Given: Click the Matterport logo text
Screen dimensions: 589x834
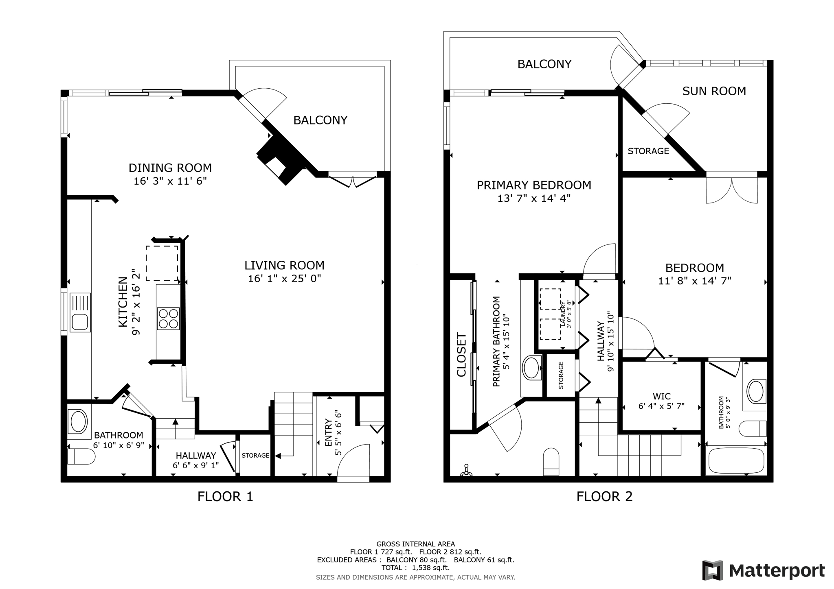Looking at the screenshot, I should click(x=776, y=571).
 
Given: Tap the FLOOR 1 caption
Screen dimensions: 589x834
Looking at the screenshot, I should click(x=225, y=496).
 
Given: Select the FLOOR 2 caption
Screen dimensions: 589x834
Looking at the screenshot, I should click(x=604, y=496).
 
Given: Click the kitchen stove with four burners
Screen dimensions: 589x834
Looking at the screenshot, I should click(x=168, y=318).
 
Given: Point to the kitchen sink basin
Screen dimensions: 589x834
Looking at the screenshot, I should click(x=79, y=322).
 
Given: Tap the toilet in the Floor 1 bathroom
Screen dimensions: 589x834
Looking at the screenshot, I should click(x=81, y=456).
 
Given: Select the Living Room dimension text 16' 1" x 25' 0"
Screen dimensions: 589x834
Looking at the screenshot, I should click(x=284, y=279).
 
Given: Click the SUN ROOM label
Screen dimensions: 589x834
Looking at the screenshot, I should click(x=714, y=91).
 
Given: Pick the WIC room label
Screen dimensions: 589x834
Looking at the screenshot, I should click(x=661, y=396).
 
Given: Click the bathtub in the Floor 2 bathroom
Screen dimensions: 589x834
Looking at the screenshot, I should click(x=736, y=461).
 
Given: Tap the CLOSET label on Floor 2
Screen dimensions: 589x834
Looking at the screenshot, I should click(x=462, y=355).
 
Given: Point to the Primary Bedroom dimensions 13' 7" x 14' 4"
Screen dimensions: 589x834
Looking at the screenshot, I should click(x=533, y=199).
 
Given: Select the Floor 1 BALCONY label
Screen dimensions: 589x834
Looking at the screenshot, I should click(x=320, y=120).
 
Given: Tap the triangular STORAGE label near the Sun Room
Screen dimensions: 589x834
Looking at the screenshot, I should click(x=648, y=151).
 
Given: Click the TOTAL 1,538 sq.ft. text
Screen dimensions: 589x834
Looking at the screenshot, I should click(x=415, y=567).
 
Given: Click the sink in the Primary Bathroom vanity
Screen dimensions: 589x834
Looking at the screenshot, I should click(x=531, y=368).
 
